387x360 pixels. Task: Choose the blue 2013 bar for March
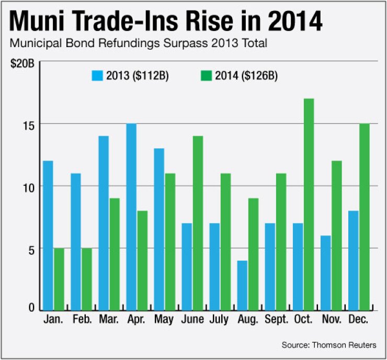click(x=103, y=222)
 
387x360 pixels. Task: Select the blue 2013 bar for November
click(x=325, y=272)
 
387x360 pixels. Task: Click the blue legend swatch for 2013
click(x=97, y=75)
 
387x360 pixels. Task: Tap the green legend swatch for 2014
click(x=206, y=75)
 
